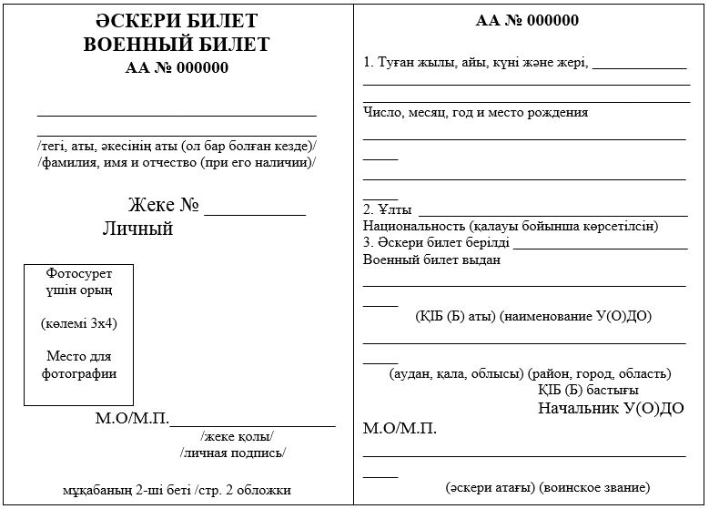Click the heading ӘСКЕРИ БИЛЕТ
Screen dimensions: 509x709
[x=177, y=21]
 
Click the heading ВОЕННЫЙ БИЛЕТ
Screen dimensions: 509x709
[x=177, y=44]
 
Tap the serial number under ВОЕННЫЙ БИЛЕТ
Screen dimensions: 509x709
[x=177, y=66]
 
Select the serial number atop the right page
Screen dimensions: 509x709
[x=527, y=21]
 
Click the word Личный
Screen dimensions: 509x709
[x=137, y=229]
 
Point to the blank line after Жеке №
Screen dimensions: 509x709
[x=255, y=213]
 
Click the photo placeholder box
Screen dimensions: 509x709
[x=78, y=334]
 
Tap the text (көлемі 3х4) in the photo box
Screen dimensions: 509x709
[x=78, y=323]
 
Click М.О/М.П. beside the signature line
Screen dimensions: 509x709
[x=132, y=420]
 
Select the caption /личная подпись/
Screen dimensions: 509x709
[x=233, y=452]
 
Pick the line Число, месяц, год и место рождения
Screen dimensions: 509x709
[x=475, y=112]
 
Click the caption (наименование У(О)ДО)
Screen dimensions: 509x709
[x=575, y=316]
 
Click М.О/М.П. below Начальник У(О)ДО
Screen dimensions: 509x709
[x=400, y=428]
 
